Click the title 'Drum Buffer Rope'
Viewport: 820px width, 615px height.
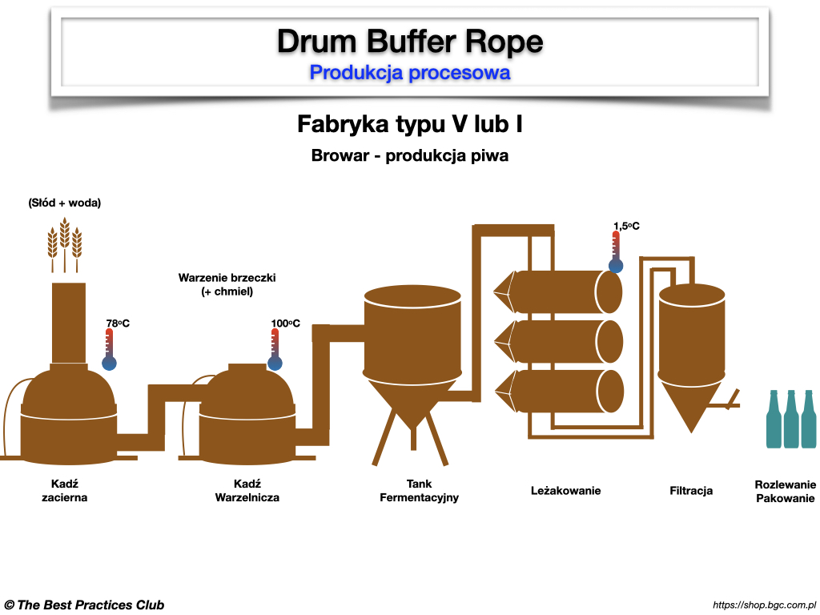coord(410,41)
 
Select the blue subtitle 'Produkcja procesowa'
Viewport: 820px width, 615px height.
coord(410,73)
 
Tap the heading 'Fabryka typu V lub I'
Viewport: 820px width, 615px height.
coord(410,125)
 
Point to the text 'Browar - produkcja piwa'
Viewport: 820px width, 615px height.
coord(410,156)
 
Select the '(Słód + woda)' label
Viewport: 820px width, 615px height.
coord(65,203)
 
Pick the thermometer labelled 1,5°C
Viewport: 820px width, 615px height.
coord(616,252)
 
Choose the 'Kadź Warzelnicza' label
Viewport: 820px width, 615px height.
coord(247,491)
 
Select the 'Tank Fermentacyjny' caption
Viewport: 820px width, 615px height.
coord(419,491)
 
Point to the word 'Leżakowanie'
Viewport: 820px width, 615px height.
coord(565,490)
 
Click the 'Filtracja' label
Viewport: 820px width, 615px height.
coord(691,490)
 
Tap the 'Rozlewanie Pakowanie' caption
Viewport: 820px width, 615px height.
coord(785,491)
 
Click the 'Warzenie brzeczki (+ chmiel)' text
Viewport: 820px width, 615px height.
coord(227,285)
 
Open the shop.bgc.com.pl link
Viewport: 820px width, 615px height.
coord(763,605)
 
